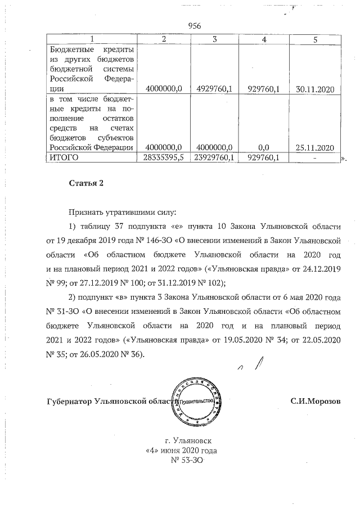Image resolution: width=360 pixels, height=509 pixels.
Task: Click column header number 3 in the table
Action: point(215,39)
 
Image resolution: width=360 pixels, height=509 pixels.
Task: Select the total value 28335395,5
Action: point(164,158)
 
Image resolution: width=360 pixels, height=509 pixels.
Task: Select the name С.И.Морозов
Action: point(315,401)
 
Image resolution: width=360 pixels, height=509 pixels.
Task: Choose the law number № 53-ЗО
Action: point(186,461)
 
